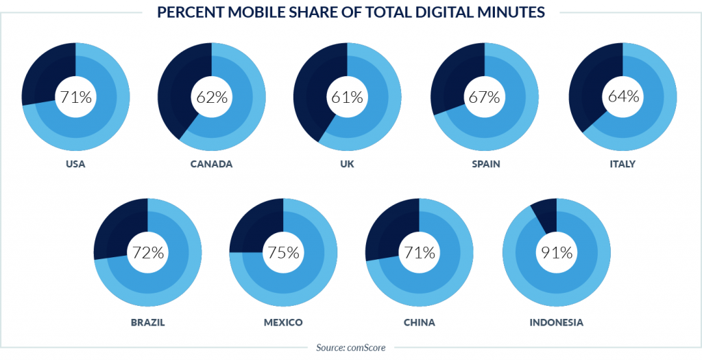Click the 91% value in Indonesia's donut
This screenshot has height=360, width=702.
click(556, 252)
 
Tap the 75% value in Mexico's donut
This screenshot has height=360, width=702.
click(283, 252)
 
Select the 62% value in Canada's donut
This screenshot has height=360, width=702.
click(212, 97)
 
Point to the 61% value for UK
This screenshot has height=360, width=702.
click(348, 97)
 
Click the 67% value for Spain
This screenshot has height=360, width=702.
click(484, 97)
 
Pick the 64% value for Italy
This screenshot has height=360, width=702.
click(622, 96)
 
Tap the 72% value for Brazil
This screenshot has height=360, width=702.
click(147, 252)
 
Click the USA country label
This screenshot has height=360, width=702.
click(75, 165)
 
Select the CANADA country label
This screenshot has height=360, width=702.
click(212, 165)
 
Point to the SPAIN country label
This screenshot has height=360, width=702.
click(485, 165)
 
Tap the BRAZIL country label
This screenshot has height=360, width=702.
click(147, 322)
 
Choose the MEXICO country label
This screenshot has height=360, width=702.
click(283, 322)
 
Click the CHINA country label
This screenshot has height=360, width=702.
click(420, 322)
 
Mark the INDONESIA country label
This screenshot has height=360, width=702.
click(556, 322)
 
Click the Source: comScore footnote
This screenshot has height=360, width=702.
click(351, 348)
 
